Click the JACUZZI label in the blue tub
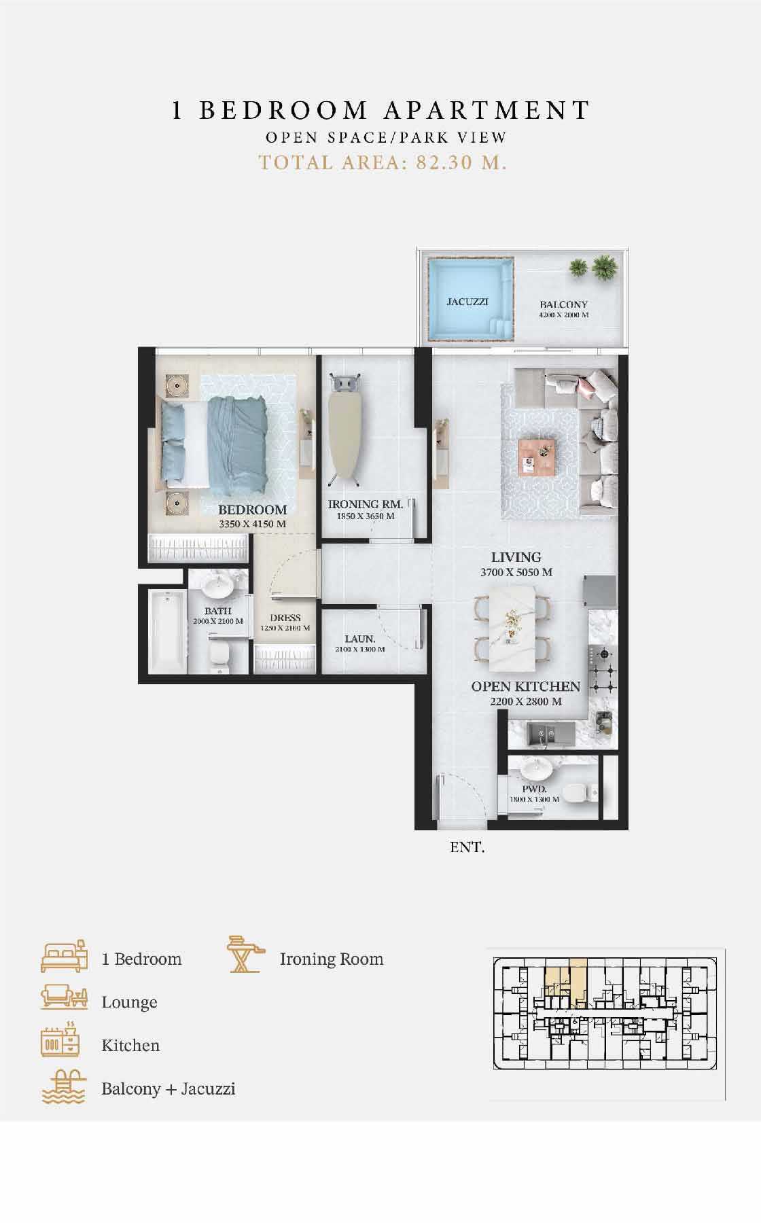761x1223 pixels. pos(467,301)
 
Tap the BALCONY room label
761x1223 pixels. pos(563,304)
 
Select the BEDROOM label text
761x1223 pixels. pos(252,510)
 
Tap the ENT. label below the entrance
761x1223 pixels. pos(467,847)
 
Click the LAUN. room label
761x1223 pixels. pos(359,639)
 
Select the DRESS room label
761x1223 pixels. pos(285,618)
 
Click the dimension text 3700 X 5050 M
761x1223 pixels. pos(516,572)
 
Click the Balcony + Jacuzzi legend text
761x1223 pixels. pos(169,1089)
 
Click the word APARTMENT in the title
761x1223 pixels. pos(489,110)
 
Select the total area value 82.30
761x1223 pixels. pos(444,163)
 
